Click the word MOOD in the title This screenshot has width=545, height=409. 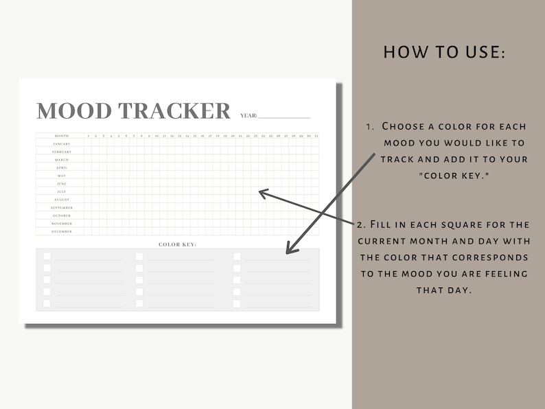click(x=74, y=110)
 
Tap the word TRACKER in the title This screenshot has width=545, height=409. click(x=174, y=110)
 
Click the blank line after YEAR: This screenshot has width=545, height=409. click(x=284, y=116)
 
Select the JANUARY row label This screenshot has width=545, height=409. click(x=62, y=144)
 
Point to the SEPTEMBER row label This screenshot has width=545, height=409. click(x=62, y=207)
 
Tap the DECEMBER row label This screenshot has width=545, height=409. click(x=62, y=231)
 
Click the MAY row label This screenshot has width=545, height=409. click(x=62, y=176)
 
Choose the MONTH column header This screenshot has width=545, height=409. click(x=62, y=136)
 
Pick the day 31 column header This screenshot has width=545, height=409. click(x=316, y=136)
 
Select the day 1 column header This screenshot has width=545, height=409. click(x=88, y=136)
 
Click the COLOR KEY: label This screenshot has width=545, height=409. click(x=177, y=244)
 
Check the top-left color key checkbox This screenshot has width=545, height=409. click(x=47, y=256)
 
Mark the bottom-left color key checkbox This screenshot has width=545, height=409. click(x=47, y=303)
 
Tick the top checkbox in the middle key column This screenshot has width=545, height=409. click(x=139, y=256)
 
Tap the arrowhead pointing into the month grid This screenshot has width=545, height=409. click(x=262, y=193)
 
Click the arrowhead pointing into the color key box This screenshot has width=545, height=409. click(x=291, y=248)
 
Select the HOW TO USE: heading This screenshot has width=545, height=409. click(x=444, y=52)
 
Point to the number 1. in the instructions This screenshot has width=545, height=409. click(x=370, y=126)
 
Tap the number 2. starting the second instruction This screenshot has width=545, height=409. click(x=361, y=224)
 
